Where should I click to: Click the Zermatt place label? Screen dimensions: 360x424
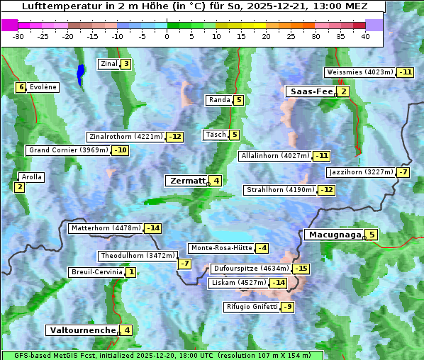click(187, 181)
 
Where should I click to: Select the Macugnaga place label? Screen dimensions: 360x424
click(334, 235)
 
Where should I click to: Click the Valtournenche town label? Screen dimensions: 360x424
click(82, 330)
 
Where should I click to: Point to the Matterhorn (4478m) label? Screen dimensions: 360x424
click(105, 228)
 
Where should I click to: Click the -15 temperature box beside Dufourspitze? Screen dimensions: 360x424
click(301, 269)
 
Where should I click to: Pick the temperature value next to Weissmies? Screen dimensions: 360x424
click(406, 72)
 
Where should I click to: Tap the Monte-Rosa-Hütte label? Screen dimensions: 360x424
click(221, 248)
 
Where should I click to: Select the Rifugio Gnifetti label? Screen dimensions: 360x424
click(252, 307)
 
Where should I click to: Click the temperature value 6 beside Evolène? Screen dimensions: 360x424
click(21, 87)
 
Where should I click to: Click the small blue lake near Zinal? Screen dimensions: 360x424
click(80, 74)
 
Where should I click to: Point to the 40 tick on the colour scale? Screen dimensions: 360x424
click(365, 36)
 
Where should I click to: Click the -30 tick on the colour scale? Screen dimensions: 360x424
click(18, 36)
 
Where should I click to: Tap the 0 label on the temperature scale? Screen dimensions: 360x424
click(167, 36)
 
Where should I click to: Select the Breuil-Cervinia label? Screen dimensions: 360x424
click(96, 272)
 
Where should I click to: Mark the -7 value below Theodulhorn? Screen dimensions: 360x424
click(184, 264)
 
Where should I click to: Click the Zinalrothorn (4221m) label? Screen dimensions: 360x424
click(126, 137)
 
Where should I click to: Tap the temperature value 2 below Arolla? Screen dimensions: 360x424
click(19, 187)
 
